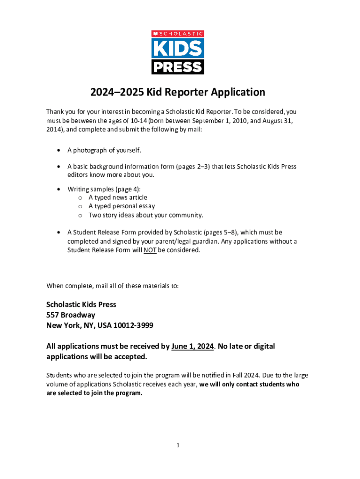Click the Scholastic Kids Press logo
coord(178,52)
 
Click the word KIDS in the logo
coord(178,48)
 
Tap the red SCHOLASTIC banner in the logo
coord(178,34)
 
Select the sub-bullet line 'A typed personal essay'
coord(122,206)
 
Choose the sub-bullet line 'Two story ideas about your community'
coord(146,215)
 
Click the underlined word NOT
coord(150,250)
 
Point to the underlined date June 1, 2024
coord(193,347)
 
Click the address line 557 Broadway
coord(71,315)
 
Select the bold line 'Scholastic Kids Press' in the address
coord(81,305)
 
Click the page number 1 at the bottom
coord(178,445)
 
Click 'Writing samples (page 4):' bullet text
coord(104,189)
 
